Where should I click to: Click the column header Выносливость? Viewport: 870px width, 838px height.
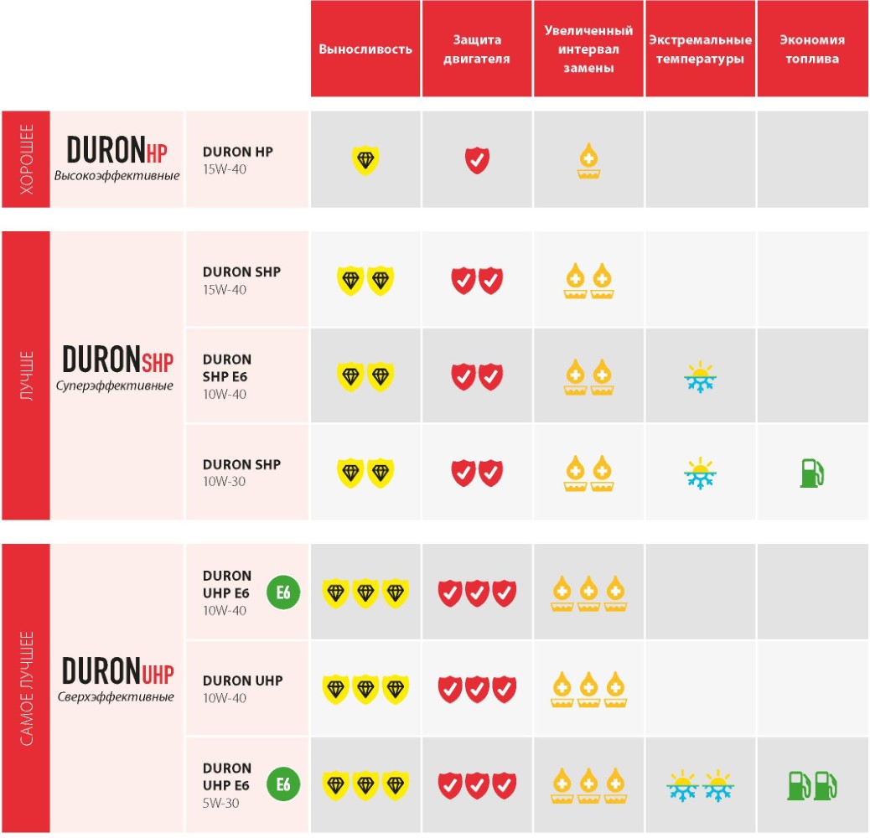[x=365, y=49]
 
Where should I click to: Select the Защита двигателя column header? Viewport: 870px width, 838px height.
[x=477, y=49]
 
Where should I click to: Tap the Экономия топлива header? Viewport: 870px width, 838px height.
[x=811, y=49]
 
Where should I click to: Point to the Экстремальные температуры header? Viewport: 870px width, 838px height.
[x=700, y=49]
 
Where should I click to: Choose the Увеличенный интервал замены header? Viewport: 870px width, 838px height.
[x=588, y=49]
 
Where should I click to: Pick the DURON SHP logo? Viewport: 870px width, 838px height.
[x=117, y=360]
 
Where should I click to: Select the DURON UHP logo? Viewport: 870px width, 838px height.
[x=117, y=671]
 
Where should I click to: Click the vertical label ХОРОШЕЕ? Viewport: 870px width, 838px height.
[x=26, y=159]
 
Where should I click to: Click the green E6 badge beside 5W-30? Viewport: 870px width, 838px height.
[x=283, y=784]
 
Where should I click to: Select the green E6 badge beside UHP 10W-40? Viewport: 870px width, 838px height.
[x=283, y=592]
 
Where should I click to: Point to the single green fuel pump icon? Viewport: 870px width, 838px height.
[x=811, y=472]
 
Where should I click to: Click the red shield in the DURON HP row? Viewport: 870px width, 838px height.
[x=477, y=158]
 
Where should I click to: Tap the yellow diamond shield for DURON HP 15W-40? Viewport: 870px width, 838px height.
[x=365, y=158]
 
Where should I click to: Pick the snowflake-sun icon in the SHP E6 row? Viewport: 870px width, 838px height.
[x=700, y=377]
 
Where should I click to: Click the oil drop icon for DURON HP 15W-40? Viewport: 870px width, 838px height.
[x=588, y=160]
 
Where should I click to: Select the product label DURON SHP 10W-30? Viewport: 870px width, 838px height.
[x=241, y=472]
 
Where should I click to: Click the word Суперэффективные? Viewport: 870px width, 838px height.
[x=115, y=386]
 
